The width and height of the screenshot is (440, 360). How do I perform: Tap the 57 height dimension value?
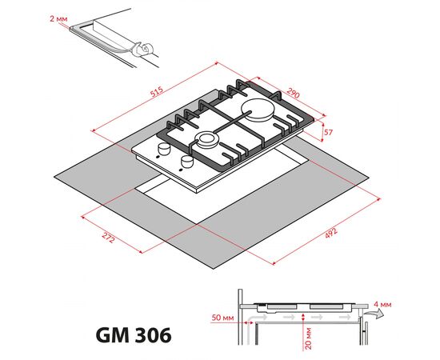(327, 131)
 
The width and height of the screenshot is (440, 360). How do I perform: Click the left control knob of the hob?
(166, 150)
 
